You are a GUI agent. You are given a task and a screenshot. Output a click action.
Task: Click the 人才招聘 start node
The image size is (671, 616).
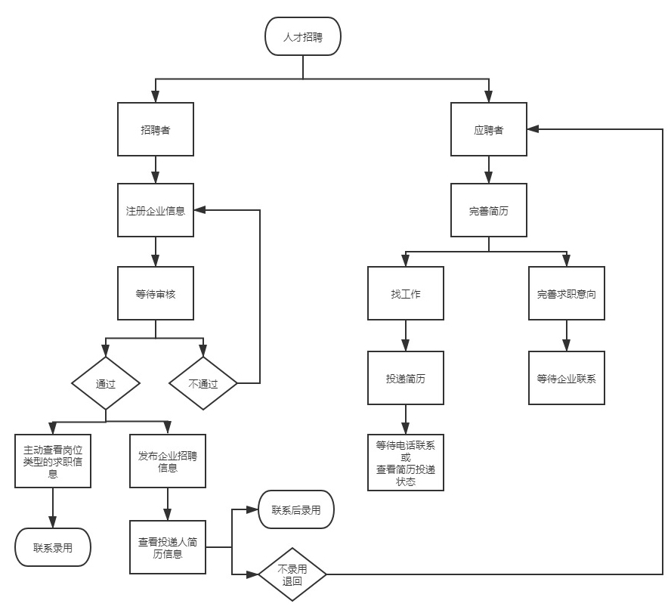pyautogui.click(x=302, y=36)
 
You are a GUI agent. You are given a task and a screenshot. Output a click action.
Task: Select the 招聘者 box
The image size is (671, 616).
pyautogui.click(x=156, y=130)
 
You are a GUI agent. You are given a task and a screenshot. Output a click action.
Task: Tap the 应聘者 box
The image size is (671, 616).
pyautogui.click(x=489, y=130)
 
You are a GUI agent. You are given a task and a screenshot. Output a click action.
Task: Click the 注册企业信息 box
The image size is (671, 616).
pyautogui.click(x=156, y=211)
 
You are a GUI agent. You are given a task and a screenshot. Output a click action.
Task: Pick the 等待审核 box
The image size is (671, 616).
pyautogui.click(x=156, y=293)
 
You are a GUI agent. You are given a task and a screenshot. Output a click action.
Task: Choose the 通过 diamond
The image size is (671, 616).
pyautogui.click(x=106, y=383)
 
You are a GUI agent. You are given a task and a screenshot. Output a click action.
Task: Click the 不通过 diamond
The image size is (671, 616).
pyautogui.click(x=203, y=383)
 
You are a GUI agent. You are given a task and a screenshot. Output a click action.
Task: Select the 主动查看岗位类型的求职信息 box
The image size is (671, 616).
pyautogui.click(x=53, y=460)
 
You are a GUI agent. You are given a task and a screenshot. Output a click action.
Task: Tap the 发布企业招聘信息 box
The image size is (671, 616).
pyautogui.click(x=168, y=460)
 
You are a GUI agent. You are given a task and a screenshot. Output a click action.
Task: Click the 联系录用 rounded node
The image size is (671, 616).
pyautogui.click(x=53, y=546)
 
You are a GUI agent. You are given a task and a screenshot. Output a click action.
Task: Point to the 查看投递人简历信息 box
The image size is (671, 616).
pyautogui.click(x=168, y=546)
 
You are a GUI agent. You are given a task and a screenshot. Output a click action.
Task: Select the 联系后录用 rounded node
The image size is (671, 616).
pyautogui.click(x=295, y=510)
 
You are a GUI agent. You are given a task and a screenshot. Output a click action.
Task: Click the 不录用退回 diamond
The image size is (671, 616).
pyautogui.click(x=292, y=575)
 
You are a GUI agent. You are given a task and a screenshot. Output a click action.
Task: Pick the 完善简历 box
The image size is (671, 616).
pyautogui.click(x=489, y=211)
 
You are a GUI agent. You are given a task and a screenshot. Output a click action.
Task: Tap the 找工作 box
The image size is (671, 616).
pyautogui.click(x=406, y=293)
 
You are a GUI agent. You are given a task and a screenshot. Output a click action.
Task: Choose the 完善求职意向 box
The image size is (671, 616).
pyautogui.click(x=566, y=293)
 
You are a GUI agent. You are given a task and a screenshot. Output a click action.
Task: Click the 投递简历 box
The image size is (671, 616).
pyautogui.click(x=406, y=378)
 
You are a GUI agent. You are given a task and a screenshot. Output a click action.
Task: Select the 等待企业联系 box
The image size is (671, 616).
pyautogui.click(x=566, y=378)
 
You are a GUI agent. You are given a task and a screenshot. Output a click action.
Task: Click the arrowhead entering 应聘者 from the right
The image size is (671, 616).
pyautogui.click(x=533, y=130)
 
